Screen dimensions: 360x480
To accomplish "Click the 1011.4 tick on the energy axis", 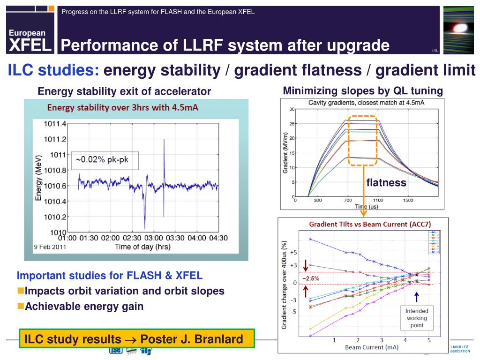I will [x=55, y=124].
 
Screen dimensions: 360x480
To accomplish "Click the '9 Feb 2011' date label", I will [x=49, y=247].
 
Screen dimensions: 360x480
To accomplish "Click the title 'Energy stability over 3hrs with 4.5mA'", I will [x=123, y=108].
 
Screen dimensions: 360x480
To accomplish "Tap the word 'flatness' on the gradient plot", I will [x=386, y=183].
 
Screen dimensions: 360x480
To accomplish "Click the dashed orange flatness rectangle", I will [x=363, y=140].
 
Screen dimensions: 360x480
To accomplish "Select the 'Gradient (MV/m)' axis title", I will [x=285, y=152].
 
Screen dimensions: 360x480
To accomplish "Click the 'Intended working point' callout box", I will [x=417, y=318].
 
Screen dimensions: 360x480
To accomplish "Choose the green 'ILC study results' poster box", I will [x=137, y=338].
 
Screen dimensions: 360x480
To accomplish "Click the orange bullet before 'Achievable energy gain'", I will [x=21, y=306].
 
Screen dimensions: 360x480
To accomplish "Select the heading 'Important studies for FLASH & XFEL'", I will [x=110, y=275].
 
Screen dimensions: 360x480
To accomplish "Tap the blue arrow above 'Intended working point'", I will [x=416, y=297].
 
